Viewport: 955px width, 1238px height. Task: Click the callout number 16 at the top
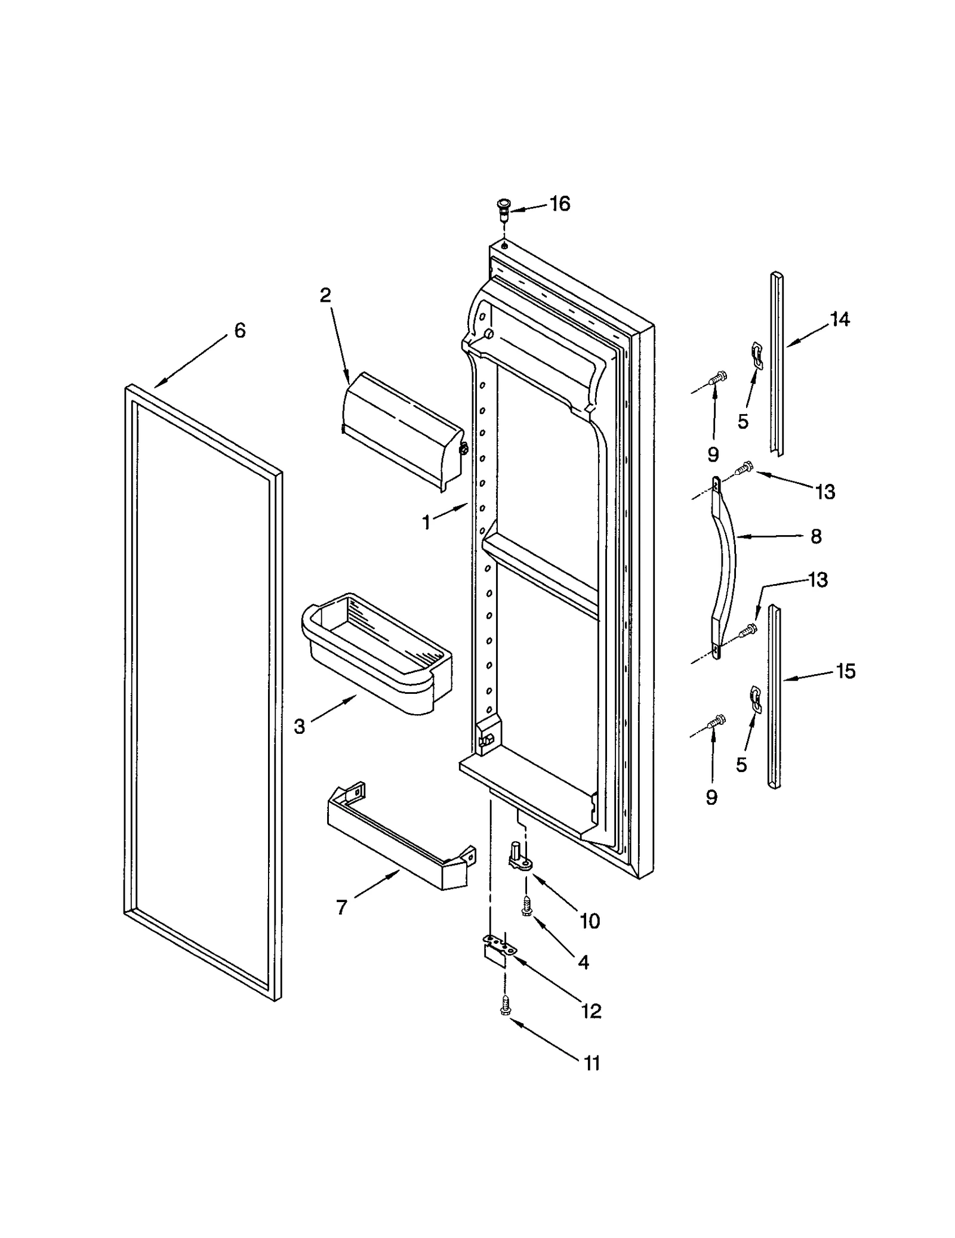[559, 204]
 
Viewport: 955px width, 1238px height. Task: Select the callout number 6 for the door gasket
[239, 331]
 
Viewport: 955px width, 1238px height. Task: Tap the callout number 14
[839, 320]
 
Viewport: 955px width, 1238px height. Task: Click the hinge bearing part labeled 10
[519, 859]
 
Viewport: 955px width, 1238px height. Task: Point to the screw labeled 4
[526, 907]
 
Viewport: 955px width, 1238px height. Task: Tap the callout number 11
[591, 1063]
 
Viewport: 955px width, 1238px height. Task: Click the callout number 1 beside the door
[426, 523]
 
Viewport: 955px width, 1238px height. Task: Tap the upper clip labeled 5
[756, 353]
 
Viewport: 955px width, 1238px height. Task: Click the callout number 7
[341, 907]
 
